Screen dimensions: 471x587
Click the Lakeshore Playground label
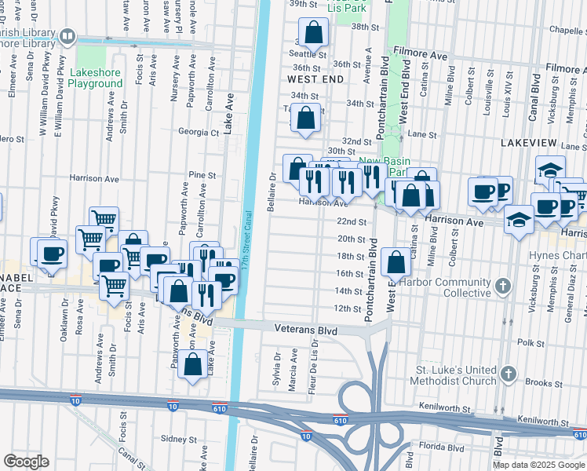tap(95, 77)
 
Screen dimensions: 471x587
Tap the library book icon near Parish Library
tap(67, 35)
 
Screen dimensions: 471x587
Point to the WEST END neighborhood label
tap(315, 80)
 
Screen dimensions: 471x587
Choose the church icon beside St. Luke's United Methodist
tap(509, 374)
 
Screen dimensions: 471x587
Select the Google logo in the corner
tap(26, 462)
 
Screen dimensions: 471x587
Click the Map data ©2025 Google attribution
tap(538, 465)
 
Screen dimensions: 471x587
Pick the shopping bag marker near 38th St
tap(313, 34)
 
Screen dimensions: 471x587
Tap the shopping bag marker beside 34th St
tap(306, 119)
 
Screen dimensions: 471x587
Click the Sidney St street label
tap(177, 440)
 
